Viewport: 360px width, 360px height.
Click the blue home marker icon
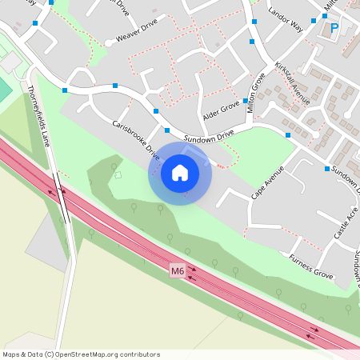[x=180, y=172]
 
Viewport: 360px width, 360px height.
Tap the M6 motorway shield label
[x=178, y=272]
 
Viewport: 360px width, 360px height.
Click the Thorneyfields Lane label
[x=39, y=117]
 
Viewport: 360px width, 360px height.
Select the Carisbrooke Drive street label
[x=136, y=140]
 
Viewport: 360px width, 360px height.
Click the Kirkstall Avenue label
[x=291, y=83]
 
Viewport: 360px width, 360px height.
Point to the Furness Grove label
[x=310, y=267]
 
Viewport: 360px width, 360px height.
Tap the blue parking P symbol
[x=334, y=29]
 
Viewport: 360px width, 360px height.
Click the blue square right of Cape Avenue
[x=327, y=168]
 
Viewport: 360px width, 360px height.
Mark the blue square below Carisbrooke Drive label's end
[x=167, y=130]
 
